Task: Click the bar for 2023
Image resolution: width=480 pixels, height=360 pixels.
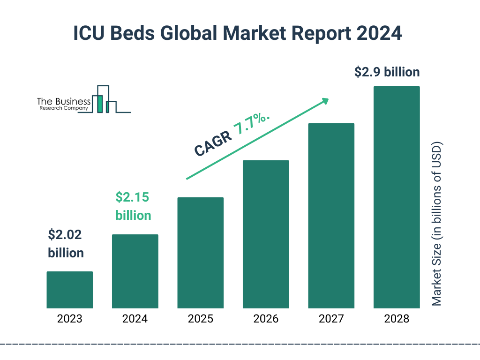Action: point(69,290)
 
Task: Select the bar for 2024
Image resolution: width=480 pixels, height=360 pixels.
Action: point(135,271)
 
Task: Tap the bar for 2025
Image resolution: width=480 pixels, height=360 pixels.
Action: point(200,253)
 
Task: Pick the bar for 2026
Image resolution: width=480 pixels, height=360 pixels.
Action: point(266,234)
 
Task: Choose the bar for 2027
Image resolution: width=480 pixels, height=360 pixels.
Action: point(331,216)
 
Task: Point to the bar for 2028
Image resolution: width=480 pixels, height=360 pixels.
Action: point(397,197)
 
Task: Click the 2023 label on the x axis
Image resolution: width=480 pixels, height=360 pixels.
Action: point(69,319)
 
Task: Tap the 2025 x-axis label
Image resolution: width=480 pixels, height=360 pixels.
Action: point(200,319)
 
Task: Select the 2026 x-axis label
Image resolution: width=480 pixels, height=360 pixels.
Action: point(266,319)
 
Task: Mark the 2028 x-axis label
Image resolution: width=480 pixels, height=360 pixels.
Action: point(397,319)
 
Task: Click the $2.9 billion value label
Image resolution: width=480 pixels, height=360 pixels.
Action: point(387,73)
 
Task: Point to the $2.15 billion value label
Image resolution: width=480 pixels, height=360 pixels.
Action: point(133,206)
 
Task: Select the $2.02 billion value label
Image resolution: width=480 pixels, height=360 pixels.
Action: point(66,244)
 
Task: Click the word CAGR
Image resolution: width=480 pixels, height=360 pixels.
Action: point(213,144)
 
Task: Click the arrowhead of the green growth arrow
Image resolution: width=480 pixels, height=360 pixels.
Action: point(324,101)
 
